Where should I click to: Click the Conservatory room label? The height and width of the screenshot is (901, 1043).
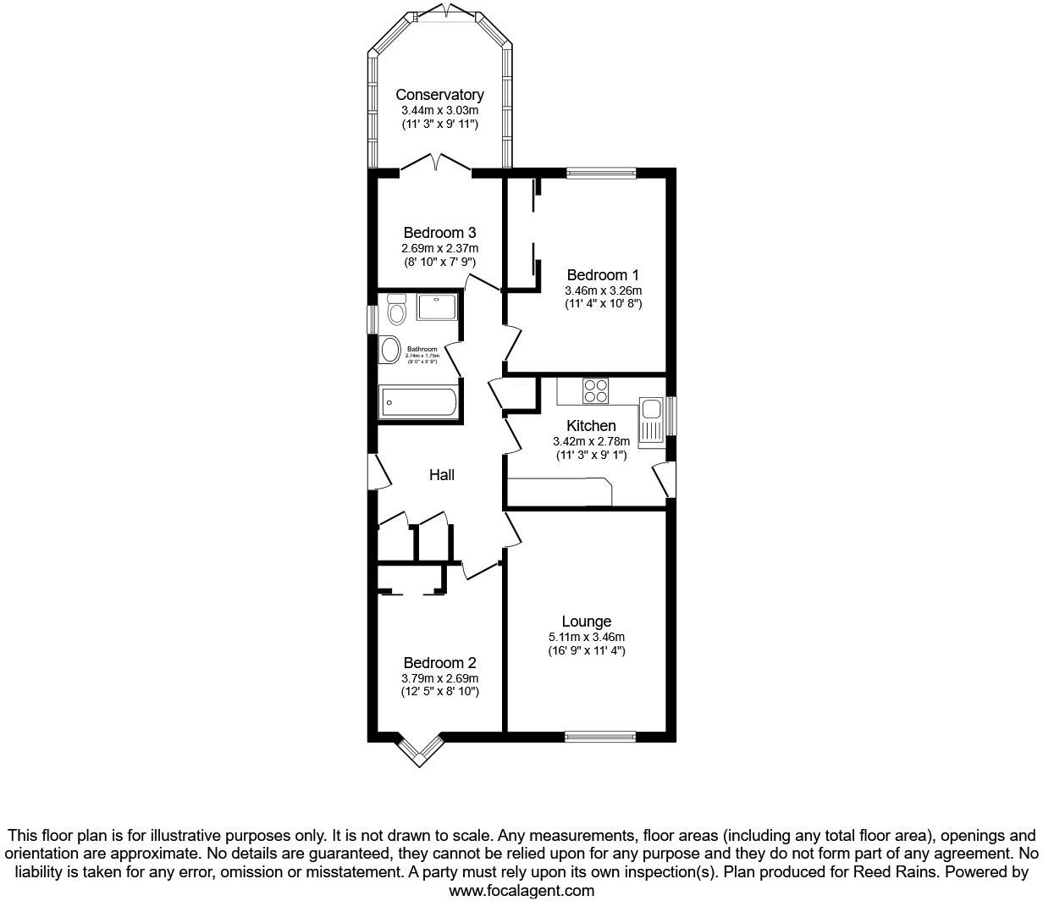coord(439,95)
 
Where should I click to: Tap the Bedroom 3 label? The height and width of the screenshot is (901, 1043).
coord(439,233)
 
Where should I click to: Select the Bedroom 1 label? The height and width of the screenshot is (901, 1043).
coord(603,275)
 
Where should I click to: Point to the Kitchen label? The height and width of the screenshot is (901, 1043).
coord(591,425)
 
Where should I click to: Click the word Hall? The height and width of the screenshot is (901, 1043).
coord(441,475)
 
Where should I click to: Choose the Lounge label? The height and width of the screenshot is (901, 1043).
coord(586,622)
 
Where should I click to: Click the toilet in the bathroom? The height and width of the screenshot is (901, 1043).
coord(396,310)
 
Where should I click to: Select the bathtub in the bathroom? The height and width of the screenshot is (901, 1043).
coord(418,402)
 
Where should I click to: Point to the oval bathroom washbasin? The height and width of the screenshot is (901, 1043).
coord(390,350)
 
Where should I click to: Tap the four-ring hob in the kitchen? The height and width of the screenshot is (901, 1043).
coord(596,390)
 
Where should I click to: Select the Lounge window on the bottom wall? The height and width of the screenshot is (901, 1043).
coord(599,737)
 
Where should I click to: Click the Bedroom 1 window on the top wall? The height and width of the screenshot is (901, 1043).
coord(601,174)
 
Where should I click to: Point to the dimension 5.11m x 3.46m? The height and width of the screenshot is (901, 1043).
coord(586,637)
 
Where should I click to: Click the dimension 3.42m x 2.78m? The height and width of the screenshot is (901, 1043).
coord(591,441)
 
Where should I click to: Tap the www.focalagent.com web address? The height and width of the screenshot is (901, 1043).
coord(521,890)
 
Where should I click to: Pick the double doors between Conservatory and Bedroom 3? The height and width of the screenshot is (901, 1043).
coord(435,164)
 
